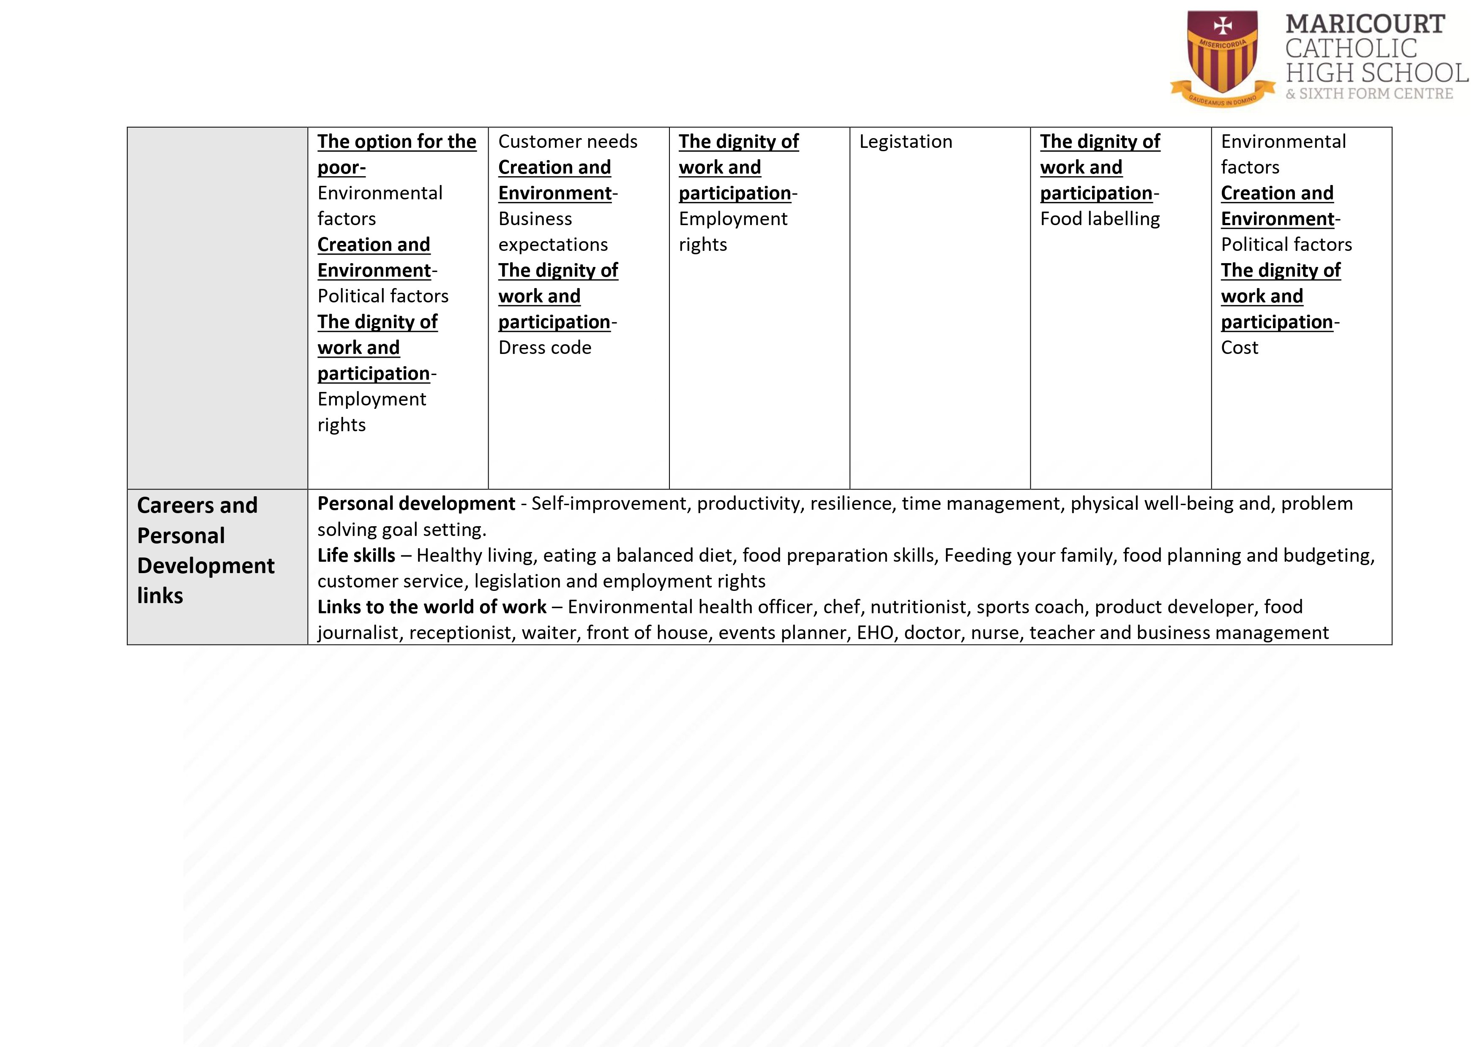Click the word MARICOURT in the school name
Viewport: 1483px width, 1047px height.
click(x=1365, y=24)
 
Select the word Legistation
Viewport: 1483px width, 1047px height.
click(x=906, y=142)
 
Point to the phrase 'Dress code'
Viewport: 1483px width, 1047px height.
click(x=544, y=348)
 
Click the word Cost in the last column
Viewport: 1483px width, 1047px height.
click(x=1239, y=348)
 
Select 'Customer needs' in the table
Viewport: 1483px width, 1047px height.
click(x=567, y=142)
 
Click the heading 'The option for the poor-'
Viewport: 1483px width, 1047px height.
click(x=396, y=154)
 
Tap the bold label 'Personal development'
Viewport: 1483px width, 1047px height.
click(x=416, y=503)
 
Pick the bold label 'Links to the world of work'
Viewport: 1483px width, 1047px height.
click(x=432, y=607)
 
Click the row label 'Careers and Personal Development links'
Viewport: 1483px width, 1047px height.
click(x=205, y=550)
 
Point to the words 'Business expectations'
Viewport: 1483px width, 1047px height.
click(x=552, y=232)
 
